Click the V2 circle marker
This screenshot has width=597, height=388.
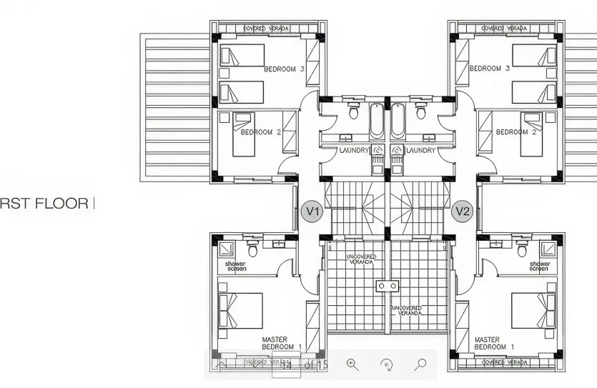463,212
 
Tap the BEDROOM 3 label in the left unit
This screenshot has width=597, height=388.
284,69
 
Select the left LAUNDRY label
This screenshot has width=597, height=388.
354,151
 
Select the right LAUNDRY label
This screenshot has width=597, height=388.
420,151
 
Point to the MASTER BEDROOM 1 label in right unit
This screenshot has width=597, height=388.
494,343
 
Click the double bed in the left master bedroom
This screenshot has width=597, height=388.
241,310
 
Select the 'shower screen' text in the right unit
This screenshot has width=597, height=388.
539,267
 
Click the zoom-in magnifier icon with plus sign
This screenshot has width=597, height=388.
352,364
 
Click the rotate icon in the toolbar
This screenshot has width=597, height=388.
387,364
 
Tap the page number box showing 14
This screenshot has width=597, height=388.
286,366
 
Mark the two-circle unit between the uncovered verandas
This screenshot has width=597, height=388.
387,286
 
